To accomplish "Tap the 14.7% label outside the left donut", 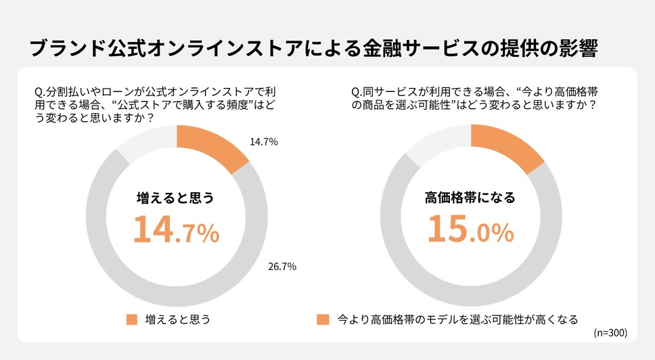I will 264,142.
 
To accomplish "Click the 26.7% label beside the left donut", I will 282,266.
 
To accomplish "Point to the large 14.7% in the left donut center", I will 176,229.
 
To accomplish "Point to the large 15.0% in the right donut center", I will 470,229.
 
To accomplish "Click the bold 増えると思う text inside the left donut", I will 175,198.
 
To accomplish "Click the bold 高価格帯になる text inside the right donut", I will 470,198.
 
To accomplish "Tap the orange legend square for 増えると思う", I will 131,319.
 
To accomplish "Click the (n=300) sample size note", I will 610,333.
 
